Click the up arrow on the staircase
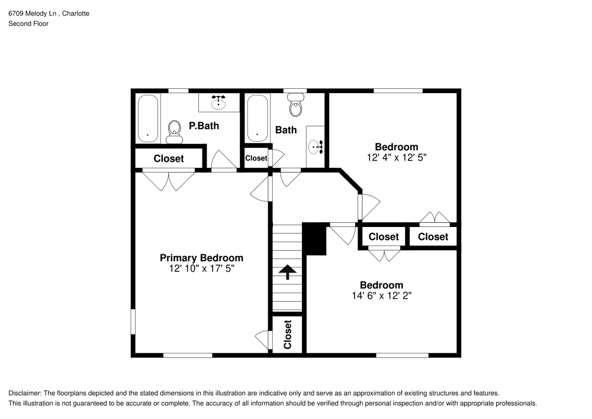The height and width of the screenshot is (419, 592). [288, 272]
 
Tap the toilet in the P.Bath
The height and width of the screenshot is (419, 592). [174, 131]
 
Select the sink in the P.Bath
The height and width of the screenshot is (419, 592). [219, 101]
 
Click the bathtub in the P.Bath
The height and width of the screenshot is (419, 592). [148, 119]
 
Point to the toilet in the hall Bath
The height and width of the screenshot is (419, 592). [295, 107]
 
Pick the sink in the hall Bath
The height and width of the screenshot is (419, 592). [316, 146]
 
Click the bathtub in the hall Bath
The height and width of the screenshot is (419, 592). [258, 119]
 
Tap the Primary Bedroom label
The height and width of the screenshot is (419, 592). [201, 258]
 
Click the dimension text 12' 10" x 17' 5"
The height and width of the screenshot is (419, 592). [201, 268]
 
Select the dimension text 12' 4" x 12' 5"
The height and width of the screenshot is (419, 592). [397, 158]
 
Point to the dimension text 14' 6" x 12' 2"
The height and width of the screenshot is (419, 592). [381, 296]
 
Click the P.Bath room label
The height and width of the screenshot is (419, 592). [204, 126]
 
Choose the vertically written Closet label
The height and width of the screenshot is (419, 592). [288, 335]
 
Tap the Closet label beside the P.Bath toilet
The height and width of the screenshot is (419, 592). [169, 159]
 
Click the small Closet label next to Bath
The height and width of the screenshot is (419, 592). [256, 158]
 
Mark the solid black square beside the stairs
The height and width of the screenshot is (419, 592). [314, 239]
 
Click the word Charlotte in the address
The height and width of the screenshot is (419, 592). [76, 13]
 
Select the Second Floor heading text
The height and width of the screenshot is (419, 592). [28, 24]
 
